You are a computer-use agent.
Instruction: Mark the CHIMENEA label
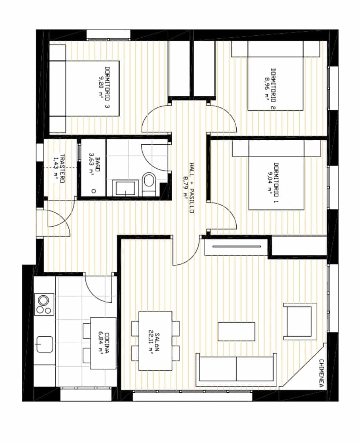[321, 373]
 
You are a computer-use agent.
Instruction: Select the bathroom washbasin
[125, 188]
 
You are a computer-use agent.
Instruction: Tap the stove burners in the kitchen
[44, 305]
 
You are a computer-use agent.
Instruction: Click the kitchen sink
[44, 344]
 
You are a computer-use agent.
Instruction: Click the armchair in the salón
[300, 321]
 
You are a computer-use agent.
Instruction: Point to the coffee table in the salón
[236, 331]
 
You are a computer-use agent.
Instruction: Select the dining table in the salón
[155, 341]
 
